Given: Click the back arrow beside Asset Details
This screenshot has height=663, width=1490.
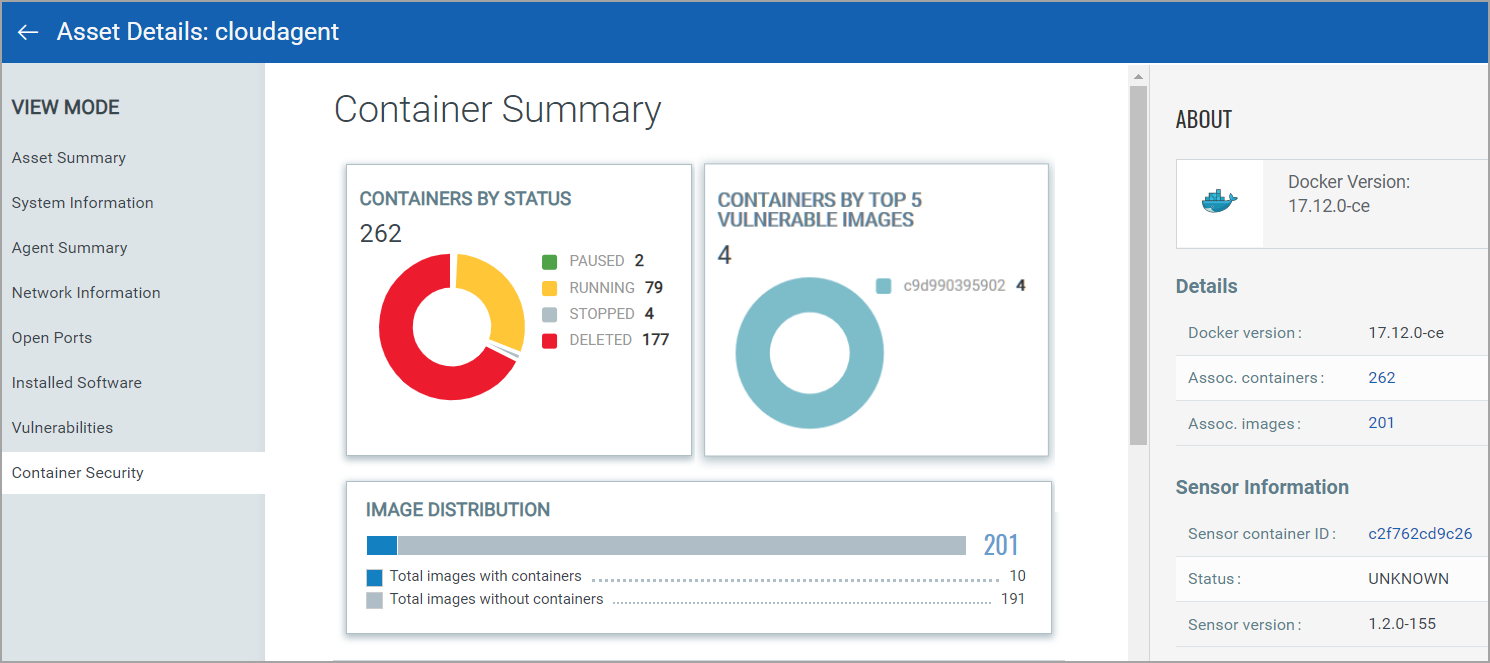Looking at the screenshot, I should click(x=28, y=32).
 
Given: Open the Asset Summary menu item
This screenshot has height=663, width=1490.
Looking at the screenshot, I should click(x=69, y=158).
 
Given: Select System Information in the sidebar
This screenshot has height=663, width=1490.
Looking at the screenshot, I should click(x=83, y=203).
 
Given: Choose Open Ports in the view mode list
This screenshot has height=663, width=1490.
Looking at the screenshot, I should click(x=52, y=338).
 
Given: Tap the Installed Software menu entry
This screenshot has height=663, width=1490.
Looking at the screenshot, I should click(x=77, y=383).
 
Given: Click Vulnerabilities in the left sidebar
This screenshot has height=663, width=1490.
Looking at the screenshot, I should click(x=62, y=428).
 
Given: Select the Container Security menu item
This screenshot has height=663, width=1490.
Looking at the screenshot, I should click(x=78, y=473).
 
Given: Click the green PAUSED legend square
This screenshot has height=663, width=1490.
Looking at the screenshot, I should click(x=549, y=262).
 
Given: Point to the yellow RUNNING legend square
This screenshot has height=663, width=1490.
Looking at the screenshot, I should click(x=549, y=288).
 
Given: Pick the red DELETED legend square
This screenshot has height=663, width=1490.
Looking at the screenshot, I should click(x=549, y=341).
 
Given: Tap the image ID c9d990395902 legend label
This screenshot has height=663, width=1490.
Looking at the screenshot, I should click(x=953, y=286).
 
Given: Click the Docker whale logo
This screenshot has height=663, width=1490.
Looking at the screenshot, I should click(x=1219, y=202).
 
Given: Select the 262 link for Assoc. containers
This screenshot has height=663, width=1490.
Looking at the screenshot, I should click(x=1382, y=378).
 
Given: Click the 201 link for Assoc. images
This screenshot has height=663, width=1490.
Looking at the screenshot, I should click(x=1381, y=423).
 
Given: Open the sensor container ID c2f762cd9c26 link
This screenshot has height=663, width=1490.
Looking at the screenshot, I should click(x=1420, y=534).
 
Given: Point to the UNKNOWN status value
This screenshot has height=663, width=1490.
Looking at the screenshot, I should click(x=1408, y=579).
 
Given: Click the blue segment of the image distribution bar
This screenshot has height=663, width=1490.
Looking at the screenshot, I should click(x=382, y=545).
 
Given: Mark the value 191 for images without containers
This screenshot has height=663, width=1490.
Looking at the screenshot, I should click(x=1013, y=600).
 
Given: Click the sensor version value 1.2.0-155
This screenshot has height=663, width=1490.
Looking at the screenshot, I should click(x=1402, y=624).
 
